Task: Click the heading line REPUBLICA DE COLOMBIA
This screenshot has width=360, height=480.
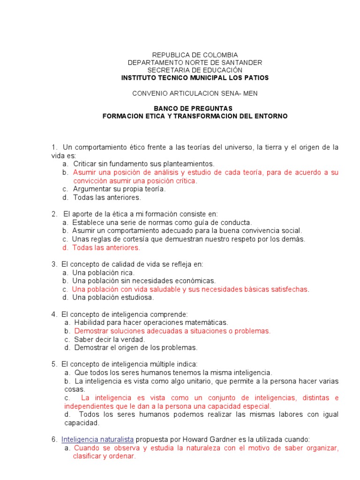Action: coord(195,55)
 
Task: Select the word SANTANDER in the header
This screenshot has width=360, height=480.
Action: coord(241,62)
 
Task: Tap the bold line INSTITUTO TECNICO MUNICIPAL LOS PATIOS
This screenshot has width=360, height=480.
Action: coord(195,77)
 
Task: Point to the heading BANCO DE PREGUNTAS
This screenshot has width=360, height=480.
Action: coord(195,108)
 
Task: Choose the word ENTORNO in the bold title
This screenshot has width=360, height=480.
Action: coord(271,116)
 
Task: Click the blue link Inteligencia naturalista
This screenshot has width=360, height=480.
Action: coord(97,439)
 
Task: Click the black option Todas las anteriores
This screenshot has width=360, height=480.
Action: coord(107,197)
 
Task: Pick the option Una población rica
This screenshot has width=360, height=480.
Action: coord(103,272)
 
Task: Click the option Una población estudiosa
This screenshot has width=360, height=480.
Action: coord(113,298)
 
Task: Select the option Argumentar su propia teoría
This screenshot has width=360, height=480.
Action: coord(120,189)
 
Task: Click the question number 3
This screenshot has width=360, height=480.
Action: coord(54,264)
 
